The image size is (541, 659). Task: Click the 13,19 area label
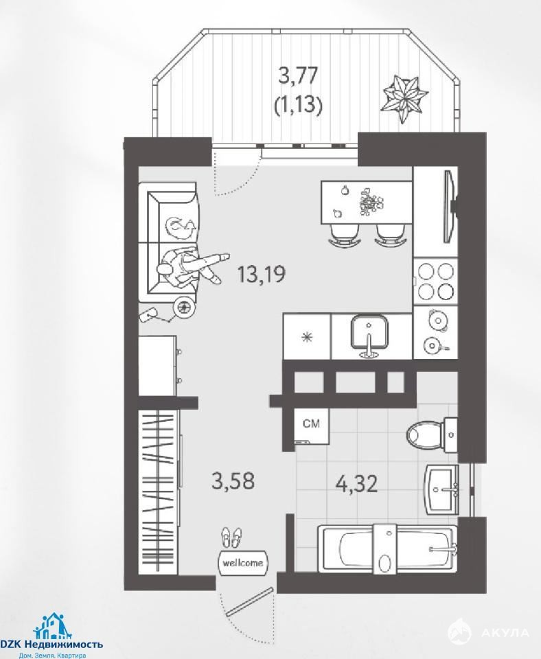click(x=262, y=274)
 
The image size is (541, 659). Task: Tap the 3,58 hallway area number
click(x=233, y=481)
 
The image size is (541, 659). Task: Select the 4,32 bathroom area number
click(x=357, y=484)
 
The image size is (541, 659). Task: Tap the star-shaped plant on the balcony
click(x=404, y=98)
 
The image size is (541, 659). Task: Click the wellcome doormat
click(x=243, y=563)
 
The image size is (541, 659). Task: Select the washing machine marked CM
click(x=312, y=426)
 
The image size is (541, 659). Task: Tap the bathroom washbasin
click(x=441, y=489)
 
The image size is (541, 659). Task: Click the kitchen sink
click(x=369, y=335)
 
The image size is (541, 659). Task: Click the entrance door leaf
click(x=250, y=601)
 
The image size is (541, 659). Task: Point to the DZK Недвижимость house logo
click(x=53, y=626)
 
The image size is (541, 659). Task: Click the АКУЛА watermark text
click(x=505, y=632)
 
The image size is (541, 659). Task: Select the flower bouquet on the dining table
click(x=371, y=203)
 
